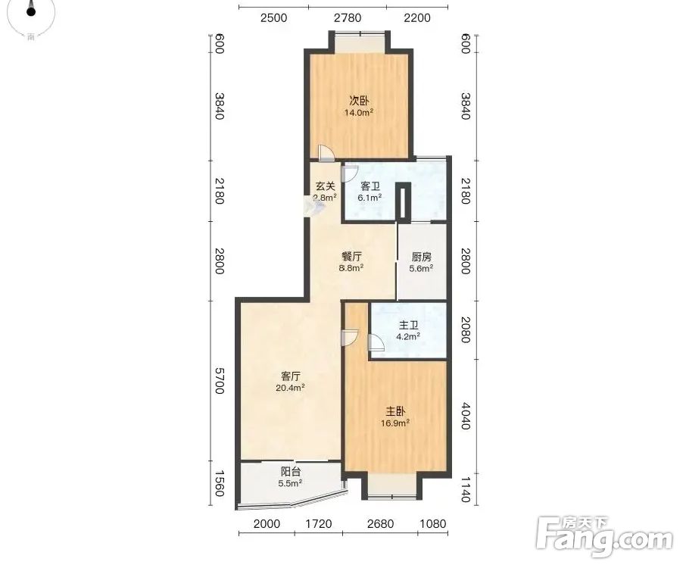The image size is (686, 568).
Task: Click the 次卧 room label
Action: click(x=359, y=101)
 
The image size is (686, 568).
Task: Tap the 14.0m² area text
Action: click(x=359, y=112)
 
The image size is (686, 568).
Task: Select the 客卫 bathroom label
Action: click(x=370, y=186)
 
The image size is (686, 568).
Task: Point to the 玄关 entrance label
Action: click(x=326, y=186)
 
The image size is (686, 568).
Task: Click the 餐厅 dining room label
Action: click(x=352, y=257)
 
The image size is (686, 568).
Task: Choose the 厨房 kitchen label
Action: click(x=421, y=257)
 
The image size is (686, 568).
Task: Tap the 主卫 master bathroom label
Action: click(x=409, y=325)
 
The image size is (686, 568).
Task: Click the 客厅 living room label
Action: click(x=291, y=376)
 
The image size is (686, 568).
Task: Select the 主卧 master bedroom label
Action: click(x=395, y=411)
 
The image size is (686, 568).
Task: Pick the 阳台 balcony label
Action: click(x=291, y=472)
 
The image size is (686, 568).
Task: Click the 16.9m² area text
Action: click(x=395, y=423)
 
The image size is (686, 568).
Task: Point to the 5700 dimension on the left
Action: click(x=219, y=380)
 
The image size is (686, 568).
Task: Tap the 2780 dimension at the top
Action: click(x=348, y=18)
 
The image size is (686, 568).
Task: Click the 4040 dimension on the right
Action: click(x=465, y=416)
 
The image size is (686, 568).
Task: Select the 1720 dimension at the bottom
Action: click(x=319, y=524)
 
